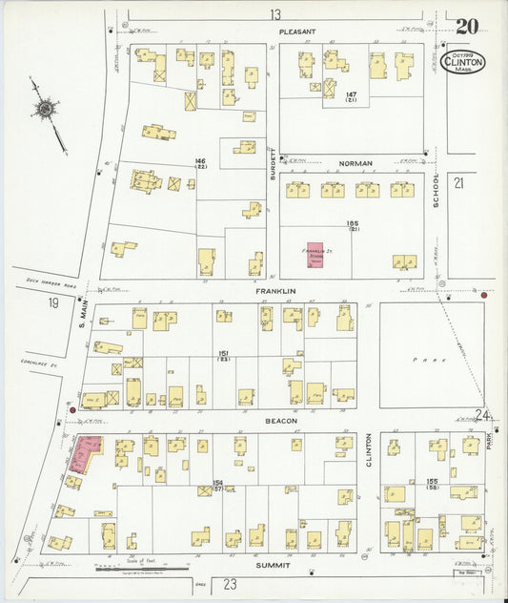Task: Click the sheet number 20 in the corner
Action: (x=467, y=27)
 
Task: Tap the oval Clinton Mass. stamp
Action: (x=464, y=62)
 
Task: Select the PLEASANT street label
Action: (x=296, y=31)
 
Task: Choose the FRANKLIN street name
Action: (x=275, y=289)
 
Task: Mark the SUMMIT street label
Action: (x=273, y=565)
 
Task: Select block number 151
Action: (x=223, y=353)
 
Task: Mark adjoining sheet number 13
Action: (x=275, y=13)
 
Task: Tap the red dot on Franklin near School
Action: (x=484, y=296)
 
